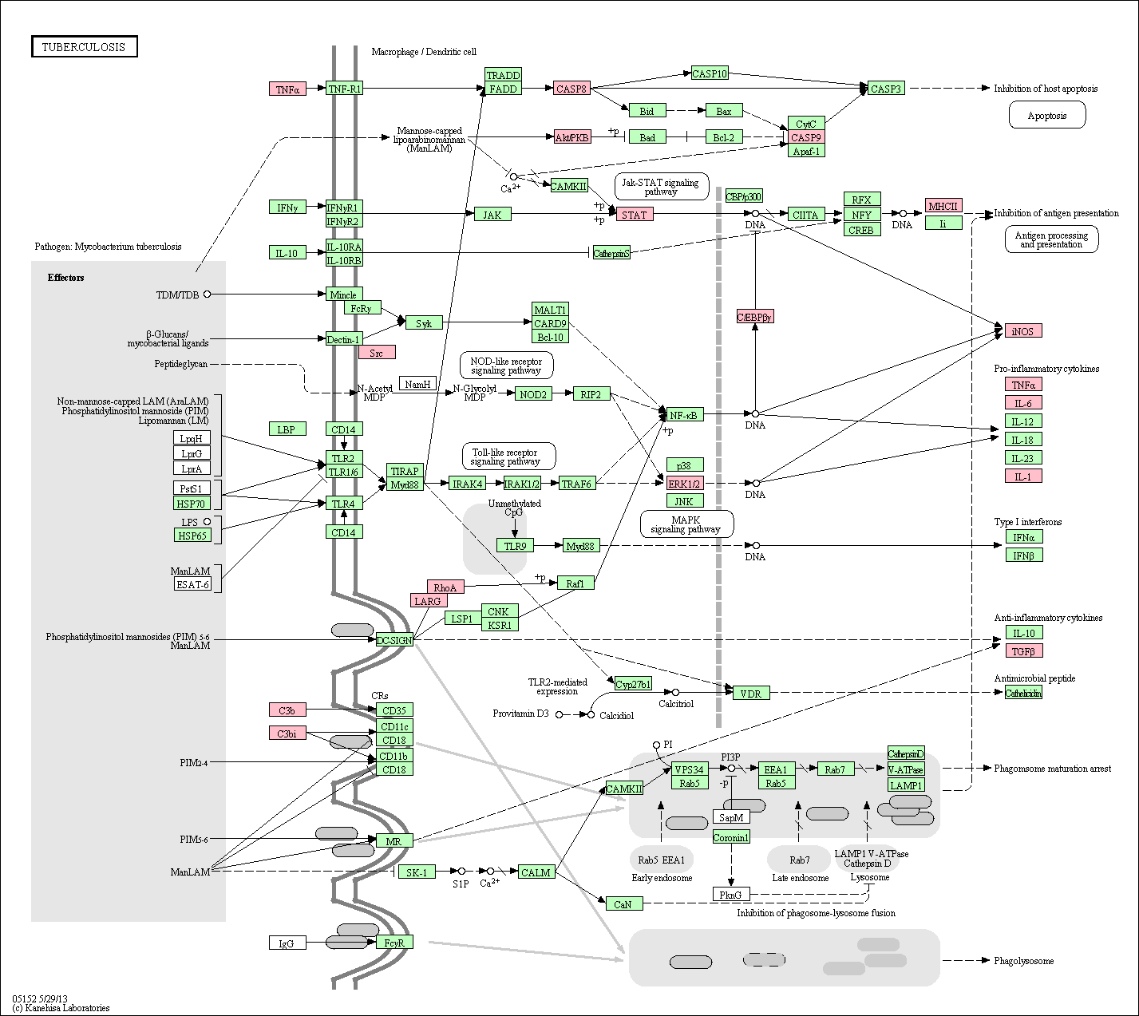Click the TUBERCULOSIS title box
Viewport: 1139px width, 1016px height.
[x=84, y=47]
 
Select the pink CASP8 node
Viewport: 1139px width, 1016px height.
[x=571, y=89]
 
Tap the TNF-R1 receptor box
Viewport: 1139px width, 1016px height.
[x=344, y=89]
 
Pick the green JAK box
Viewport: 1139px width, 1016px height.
[x=492, y=215]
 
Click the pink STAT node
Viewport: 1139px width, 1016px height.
[x=635, y=215]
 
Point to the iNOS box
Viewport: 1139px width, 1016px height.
[x=1022, y=331]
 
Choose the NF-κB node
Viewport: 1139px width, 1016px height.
[x=684, y=415]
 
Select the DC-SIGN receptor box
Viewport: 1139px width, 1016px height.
[x=394, y=640]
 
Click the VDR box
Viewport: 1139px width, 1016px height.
[x=751, y=694]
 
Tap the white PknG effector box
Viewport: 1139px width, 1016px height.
[x=731, y=895]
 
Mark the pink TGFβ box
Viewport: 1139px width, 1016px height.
[x=1023, y=651]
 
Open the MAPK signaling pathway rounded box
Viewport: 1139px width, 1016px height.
[x=686, y=524]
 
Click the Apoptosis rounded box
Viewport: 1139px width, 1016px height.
[x=1046, y=116]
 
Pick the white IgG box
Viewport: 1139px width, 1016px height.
[x=287, y=943]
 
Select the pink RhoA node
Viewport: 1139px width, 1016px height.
[x=445, y=587]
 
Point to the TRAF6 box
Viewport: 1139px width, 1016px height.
[x=576, y=484]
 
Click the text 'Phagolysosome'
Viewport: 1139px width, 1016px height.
[x=1023, y=961]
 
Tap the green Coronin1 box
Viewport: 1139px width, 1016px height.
[x=731, y=837]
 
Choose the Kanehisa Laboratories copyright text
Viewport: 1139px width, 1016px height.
[x=61, y=1008]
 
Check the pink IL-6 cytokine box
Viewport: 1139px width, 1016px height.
[x=1023, y=404]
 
